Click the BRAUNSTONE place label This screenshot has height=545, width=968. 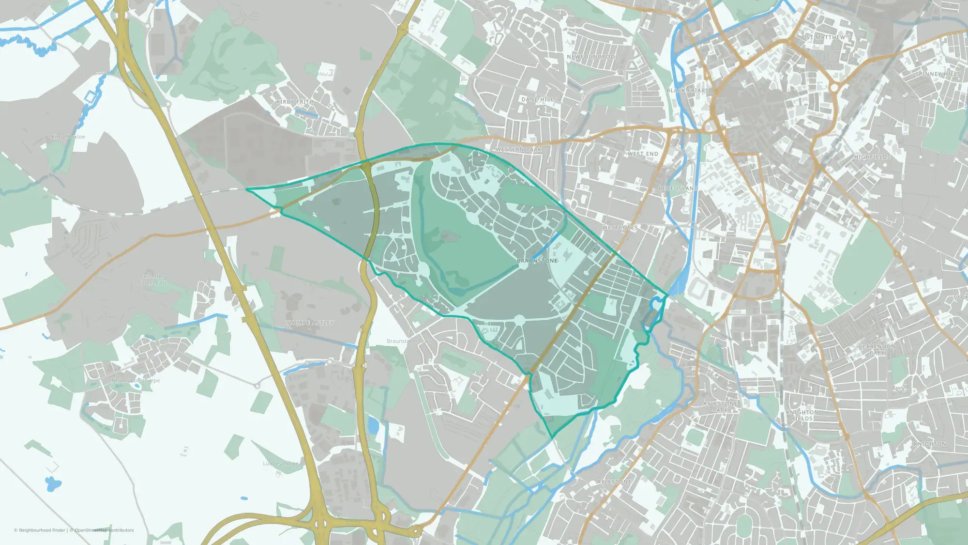537,261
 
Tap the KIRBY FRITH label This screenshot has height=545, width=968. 295,102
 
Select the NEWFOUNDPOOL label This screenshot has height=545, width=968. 592,57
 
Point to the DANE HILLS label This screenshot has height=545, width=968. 539,99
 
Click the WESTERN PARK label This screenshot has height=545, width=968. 518,150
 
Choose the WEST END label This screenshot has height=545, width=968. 643,154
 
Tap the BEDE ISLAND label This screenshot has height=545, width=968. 678,188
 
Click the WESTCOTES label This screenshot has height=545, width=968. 620,228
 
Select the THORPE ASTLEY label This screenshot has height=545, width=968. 310,323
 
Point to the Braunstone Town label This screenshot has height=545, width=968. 409,341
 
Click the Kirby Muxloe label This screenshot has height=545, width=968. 68,137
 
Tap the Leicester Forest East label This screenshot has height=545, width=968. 152,280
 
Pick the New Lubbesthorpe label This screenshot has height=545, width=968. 136,380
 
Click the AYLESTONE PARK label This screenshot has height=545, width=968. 720,406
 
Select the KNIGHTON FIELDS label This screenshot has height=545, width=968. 802,415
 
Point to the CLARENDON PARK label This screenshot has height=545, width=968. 877,349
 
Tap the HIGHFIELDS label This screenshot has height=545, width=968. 872,157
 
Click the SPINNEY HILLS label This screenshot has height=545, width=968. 938,74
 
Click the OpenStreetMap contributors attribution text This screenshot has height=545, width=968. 104,530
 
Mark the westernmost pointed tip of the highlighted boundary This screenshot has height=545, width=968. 247,189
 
